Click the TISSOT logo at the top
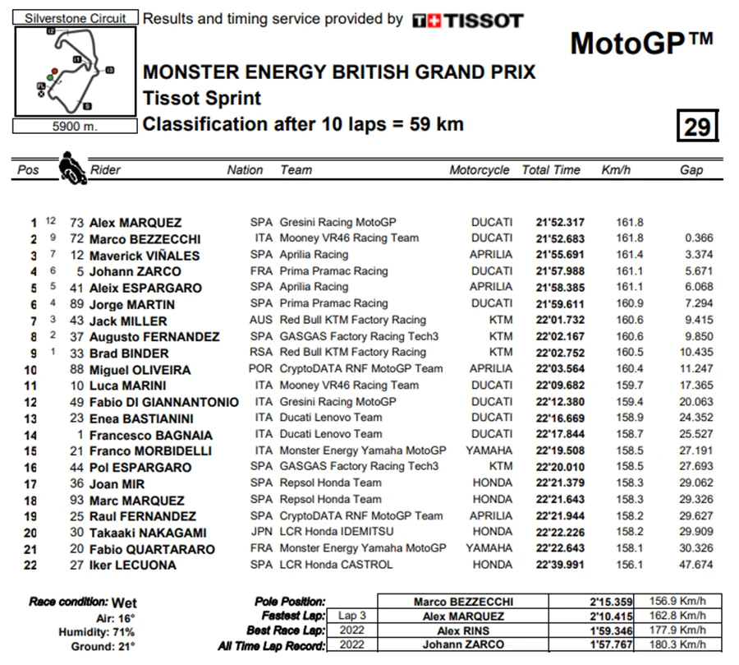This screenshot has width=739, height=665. (x=467, y=20)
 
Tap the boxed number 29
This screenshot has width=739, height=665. (x=697, y=127)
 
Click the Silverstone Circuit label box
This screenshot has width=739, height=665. (x=76, y=18)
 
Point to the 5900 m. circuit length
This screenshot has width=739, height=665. (x=76, y=127)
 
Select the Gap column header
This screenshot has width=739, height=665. (x=691, y=170)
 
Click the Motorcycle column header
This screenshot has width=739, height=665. (x=479, y=170)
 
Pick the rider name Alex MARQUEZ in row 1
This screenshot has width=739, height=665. (x=135, y=223)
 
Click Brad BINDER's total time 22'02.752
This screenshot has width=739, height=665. (x=558, y=353)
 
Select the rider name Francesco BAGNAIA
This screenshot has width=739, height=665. (x=150, y=435)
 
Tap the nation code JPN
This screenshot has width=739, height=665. (x=261, y=532)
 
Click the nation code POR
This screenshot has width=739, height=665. (x=261, y=369)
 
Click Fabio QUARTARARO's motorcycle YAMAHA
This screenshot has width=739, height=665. (x=492, y=548)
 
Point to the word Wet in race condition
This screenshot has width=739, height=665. (x=124, y=603)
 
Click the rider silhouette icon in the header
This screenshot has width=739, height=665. (x=71, y=167)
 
